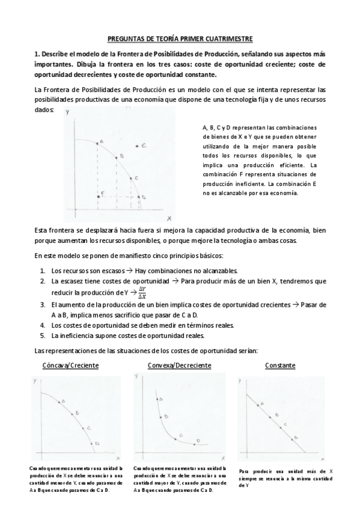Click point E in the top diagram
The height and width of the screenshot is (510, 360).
pos(138,146)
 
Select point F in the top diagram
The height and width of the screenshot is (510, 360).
pos(99,196)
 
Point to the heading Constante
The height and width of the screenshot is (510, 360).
pos(280,365)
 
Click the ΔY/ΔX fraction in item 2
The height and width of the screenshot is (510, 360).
pos(142,292)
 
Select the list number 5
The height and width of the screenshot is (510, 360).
pos(43,335)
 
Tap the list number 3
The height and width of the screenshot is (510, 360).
pos(43,305)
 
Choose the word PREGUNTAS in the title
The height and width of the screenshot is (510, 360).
pos(127,37)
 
